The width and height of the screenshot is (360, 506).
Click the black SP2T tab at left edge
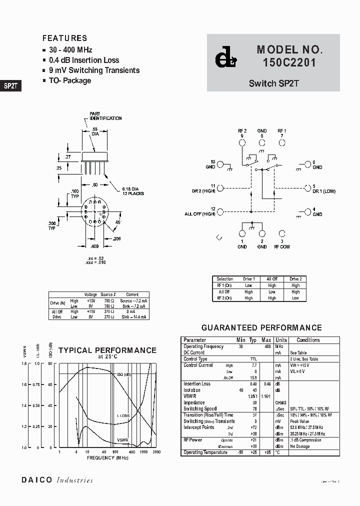click(x=10, y=85)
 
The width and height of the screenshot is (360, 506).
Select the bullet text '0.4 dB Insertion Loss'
click(x=84, y=60)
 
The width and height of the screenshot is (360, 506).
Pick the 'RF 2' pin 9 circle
click(x=242, y=142)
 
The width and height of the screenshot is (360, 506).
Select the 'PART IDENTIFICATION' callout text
click(x=105, y=116)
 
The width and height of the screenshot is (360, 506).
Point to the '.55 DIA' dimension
click(x=94, y=131)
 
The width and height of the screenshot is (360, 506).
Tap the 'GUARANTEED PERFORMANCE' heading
click(x=261, y=328)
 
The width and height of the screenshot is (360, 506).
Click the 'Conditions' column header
click(x=308, y=340)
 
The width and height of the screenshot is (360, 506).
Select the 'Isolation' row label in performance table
click(x=192, y=390)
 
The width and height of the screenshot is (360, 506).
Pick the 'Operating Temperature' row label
click(x=205, y=452)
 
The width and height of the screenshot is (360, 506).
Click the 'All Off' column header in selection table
click(x=271, y=279)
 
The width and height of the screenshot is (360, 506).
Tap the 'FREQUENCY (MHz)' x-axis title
click(x=108, y=457)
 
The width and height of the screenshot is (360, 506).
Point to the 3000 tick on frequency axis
click(x=156, y=452)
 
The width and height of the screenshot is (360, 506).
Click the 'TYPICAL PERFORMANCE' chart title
click(x=107, y=350)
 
